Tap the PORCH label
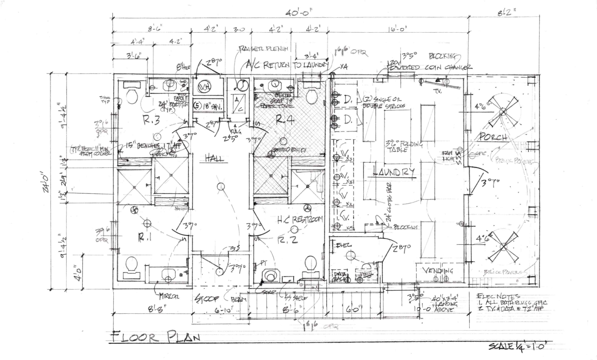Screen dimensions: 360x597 click(493, 137)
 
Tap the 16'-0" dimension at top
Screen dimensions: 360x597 click(398, 29)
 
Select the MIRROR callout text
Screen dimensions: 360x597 click(169, 296)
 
